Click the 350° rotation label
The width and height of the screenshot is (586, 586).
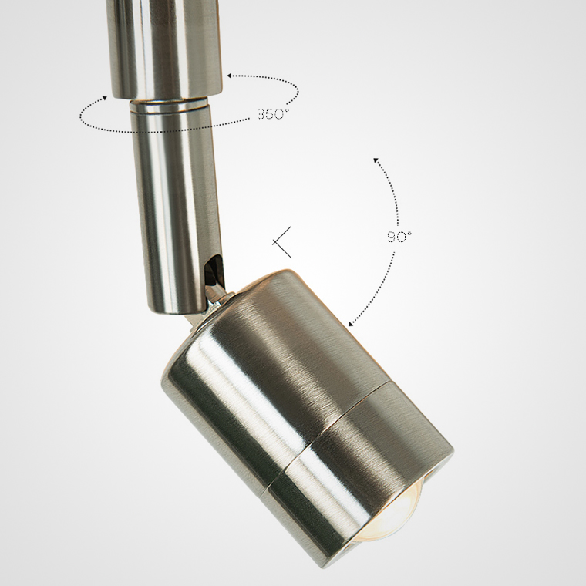pyautogui.click(x=273, y=113)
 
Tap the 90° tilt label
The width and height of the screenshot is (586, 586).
pyautogui.click(x=399, y=237)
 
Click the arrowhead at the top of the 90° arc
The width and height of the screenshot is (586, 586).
pyautogui.click(x=376, y=160)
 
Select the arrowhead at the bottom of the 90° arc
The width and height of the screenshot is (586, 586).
pyautogui.click(x=352, y=324)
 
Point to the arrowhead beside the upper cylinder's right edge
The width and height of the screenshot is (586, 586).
pyautogui.click(x=230, y=76)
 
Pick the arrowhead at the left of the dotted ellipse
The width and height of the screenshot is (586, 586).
pyautogui.click(x=104, y=98)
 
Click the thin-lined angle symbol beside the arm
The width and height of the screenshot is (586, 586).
pyautogui.click(x=281, y=242)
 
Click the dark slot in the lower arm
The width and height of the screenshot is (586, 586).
pyautogui.click(x=214, y=269)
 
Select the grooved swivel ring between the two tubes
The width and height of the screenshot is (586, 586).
pyautogui.click(x=169, y=106)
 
